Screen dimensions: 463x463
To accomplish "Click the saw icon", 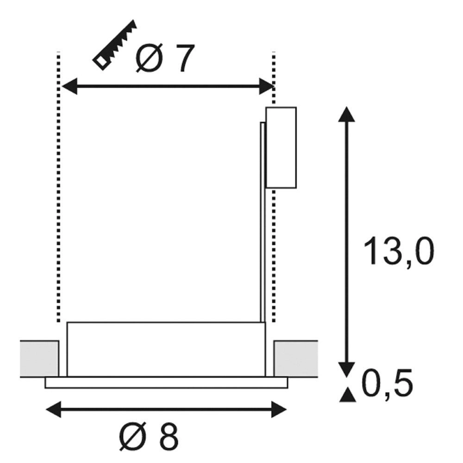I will click(115, 45).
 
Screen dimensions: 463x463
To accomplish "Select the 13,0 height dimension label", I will click(398, 251).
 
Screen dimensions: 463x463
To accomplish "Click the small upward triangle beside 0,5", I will click(346, 394).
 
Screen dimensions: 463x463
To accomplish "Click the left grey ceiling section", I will click(39, 358).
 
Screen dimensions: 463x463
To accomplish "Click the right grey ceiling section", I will click(295, 358).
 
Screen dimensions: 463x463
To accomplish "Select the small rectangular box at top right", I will click(281, 148).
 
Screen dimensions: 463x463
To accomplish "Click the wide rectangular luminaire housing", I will click(166, 349).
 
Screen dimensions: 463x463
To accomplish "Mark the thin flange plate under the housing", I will click(166, 382).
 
